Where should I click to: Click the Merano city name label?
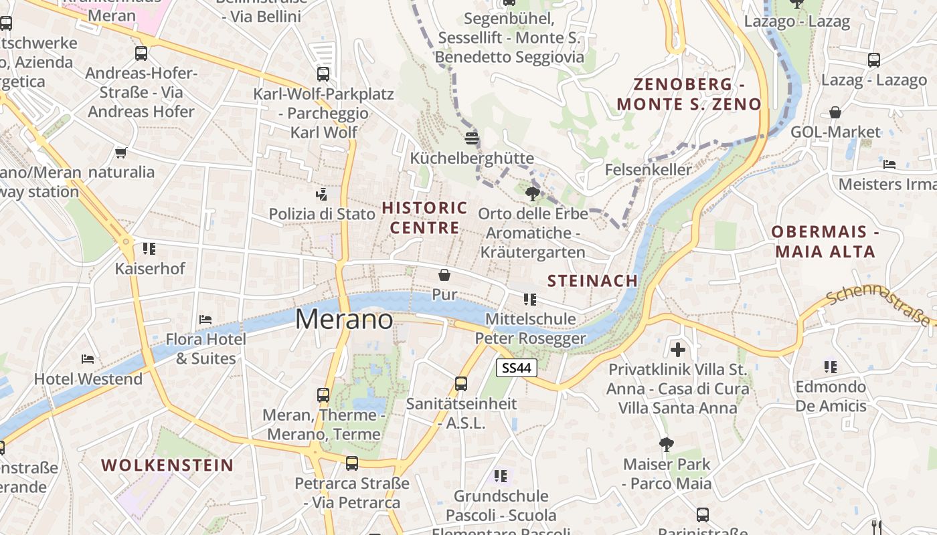pyautogui.click(x=344, y=320)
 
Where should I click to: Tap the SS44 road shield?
pyautogui.click(x=517, y=368)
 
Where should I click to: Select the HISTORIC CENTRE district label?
pyautogui.click(x=424, y=218)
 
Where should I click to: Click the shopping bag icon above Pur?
pyautogui.click(x=444, y=275)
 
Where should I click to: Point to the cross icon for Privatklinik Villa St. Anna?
pyautogui.click(x=678, y=349)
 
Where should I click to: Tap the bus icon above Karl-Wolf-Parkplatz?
pyautogui.click(x=323, y=74)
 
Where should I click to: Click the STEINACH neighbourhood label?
pyautogui.click(x=592, y=281)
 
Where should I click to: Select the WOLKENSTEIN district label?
pyautogui.click(x=167, y=465)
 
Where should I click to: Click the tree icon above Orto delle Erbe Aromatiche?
pyautogui.click(x=533, y=194)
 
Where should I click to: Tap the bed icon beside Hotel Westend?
pyautogui.click(x=88, y=359)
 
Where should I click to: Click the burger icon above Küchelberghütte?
pyautogui.click(x=472, y=138)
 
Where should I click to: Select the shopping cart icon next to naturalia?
pyautogui.click(x=121, y=152)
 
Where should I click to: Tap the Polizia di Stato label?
pyautogui.click(x=322, y=214)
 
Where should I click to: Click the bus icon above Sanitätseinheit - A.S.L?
pyautogui.click(x=461, y=383)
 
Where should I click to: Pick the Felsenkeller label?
pyautogui.click(x=648, y=170)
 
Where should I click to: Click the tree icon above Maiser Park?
pyautogui.click(x=666, y=444)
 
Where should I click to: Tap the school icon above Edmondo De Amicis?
pyautogui.click(x=831, y=366)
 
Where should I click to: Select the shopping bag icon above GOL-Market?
pyautogui.click(x=835, y=112)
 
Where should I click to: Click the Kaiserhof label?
pyautogui.click(x=150, y=269)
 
